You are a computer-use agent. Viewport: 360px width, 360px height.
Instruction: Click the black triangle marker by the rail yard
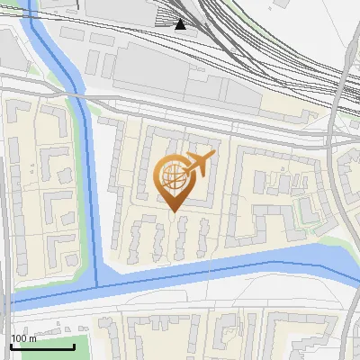pos(181,24)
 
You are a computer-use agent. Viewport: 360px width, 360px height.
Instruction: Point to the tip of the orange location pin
pos(174,211)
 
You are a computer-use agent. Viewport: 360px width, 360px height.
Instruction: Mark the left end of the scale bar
pos(11,346)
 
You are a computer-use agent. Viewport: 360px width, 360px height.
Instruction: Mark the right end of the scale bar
pos(75,346)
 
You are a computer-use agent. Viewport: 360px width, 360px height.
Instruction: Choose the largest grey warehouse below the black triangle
pos(198,85)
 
